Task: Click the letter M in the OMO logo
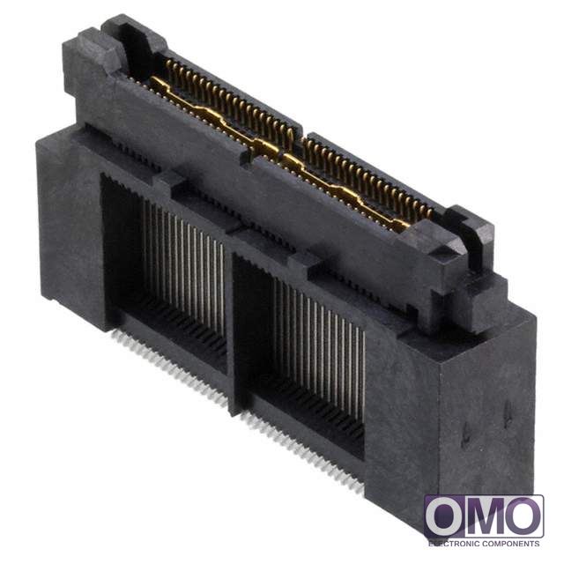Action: point(484,517)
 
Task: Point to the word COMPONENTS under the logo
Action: point(511,543)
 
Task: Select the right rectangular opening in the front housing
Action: point(299,354)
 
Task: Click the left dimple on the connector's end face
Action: point(465,434)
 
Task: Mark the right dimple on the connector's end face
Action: point(508,413)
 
